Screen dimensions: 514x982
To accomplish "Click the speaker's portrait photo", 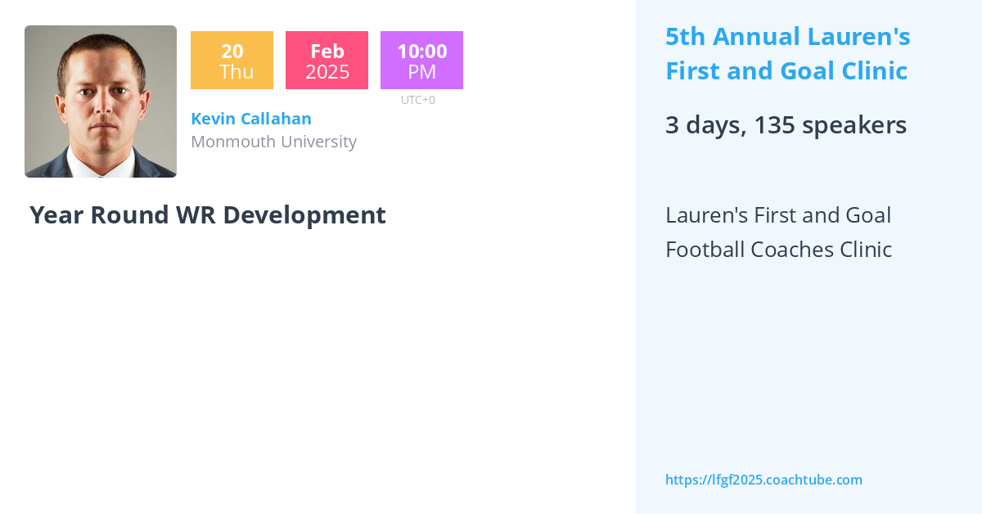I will (x=101, y=101).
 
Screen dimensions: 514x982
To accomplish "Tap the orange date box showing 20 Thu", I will (x=232, y=61).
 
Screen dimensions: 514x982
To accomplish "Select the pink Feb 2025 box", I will (x=327, y=61).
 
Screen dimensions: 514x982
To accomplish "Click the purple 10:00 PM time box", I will (x=421, y=61).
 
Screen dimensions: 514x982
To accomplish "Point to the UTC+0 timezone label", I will (x=418, y=100).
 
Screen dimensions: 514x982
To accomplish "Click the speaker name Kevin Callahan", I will (x=251, y=119).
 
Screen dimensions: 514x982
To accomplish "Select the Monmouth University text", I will (x=273, y=142).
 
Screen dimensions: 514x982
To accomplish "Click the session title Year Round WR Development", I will (x=208, y=215).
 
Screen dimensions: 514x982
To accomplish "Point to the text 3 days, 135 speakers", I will (x=786, y=125).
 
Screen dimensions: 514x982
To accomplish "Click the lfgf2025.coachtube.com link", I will (x=764, y=480).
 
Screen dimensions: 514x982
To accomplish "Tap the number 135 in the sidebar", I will (x=777, y=125).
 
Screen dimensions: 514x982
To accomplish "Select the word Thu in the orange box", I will (x=236, y=72).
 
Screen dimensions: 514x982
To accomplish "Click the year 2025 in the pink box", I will (x=327, y=72).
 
